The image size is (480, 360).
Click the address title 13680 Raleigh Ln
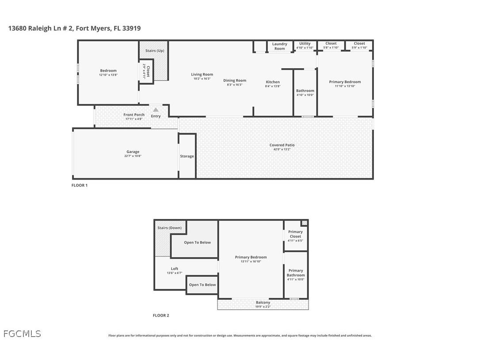click(x=74, y=28)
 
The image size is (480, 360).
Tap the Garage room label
click(x=133, y=152)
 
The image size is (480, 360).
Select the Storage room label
click(x=187, y=156)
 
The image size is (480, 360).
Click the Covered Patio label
click(x=282, y=145)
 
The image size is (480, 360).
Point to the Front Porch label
click(x=133, y=115)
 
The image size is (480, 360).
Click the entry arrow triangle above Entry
click(x=156, y=110)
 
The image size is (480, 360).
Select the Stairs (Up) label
click(x=155, y=51)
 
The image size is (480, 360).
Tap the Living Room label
click(x=202, y=74)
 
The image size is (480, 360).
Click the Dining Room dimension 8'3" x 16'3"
click(x=235, y=85)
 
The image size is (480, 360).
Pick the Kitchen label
click(x=273, y=82)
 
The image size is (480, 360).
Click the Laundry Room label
click(x=279, y=46)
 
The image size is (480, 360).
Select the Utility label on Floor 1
click(x=305, y=43)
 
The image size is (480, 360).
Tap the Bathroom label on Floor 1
click(x=305, y=91)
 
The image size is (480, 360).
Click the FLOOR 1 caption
click(x=80, y=185)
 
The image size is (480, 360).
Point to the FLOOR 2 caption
click(x=161, y=315)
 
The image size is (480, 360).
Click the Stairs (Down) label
click(x=169, y=228)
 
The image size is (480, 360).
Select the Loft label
click(x=175, y=268)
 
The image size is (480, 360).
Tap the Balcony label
click(x=263, y=303)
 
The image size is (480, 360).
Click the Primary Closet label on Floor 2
click(x=295, y=234)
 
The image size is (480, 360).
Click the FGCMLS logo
click(x=22, y=334)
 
